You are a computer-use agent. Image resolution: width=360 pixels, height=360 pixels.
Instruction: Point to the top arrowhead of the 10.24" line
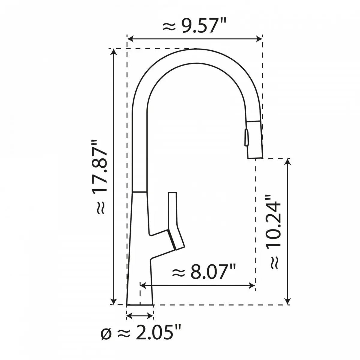288,162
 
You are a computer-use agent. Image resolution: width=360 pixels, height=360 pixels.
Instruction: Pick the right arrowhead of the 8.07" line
252,286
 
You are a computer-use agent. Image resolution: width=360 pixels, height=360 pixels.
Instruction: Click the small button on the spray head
246,137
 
